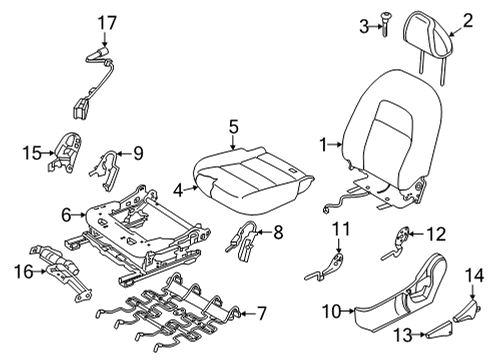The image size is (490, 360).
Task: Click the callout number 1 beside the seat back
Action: click(324, 144)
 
